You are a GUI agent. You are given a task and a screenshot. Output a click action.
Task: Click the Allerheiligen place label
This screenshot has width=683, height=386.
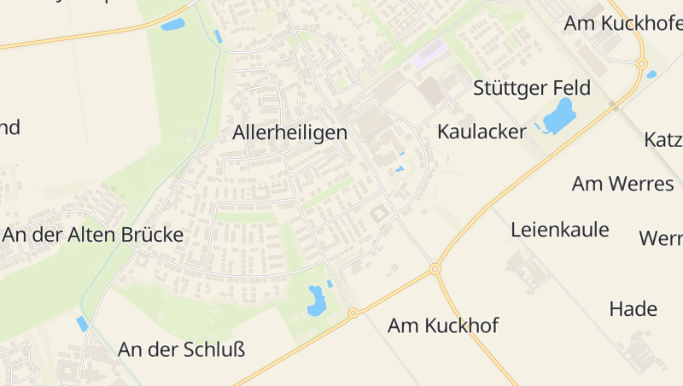tap(289, 133)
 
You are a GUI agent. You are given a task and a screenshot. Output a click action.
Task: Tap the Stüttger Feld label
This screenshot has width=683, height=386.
tap(532, 89)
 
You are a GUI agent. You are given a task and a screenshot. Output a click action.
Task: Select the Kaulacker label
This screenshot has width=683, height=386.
tap(482, 132)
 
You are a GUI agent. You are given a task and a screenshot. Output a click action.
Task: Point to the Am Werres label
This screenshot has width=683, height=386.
tap(622, 184)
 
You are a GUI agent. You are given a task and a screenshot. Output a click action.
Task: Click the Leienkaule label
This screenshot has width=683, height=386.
tap(560, 229)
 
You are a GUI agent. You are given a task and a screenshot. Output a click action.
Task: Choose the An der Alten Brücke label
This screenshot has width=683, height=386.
tap(92, 235)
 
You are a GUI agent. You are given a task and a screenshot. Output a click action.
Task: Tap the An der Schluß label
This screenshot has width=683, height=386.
tap(181, 349)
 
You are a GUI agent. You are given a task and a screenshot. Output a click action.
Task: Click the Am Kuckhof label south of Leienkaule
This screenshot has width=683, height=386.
tap(443, 325)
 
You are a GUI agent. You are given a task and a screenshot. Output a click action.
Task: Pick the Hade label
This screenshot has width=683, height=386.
tap(633, 309)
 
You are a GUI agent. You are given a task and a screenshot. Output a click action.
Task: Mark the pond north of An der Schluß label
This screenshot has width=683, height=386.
tap(316, 300)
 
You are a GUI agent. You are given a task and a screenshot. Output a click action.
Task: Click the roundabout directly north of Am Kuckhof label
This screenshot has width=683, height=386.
tap(435, 269)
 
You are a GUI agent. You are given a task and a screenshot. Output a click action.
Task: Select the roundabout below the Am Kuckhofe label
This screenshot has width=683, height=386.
tap(641, 63)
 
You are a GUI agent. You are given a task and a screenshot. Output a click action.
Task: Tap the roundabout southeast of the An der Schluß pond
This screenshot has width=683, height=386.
tap(353, 313)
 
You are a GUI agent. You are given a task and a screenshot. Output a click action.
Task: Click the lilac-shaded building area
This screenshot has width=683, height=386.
tap(429, 54)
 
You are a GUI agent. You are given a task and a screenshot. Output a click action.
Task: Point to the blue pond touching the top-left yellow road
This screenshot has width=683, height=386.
tap(173, 24)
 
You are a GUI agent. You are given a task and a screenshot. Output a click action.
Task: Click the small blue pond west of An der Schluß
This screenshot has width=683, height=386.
tap(82, 324)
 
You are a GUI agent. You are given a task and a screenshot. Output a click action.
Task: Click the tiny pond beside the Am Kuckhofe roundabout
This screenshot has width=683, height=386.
tap(651, 74)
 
